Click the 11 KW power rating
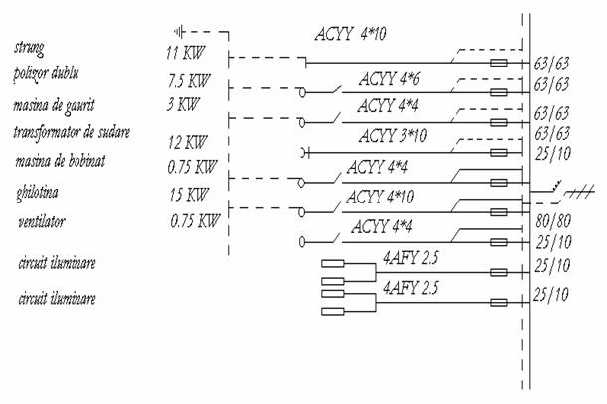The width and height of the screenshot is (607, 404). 185,50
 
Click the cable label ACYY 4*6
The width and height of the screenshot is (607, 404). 388,78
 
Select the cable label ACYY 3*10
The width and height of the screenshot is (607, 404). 390,134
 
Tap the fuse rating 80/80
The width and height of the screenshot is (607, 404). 551,223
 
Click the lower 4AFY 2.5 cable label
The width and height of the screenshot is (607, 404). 411,287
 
